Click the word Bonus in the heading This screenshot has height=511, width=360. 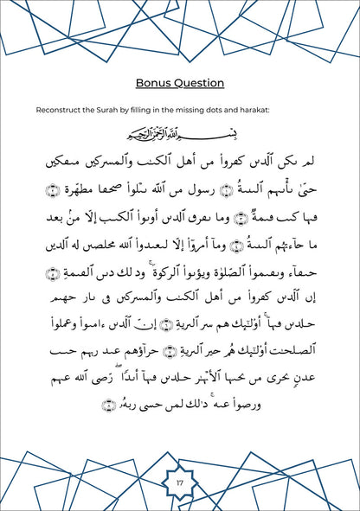coord(155,83)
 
